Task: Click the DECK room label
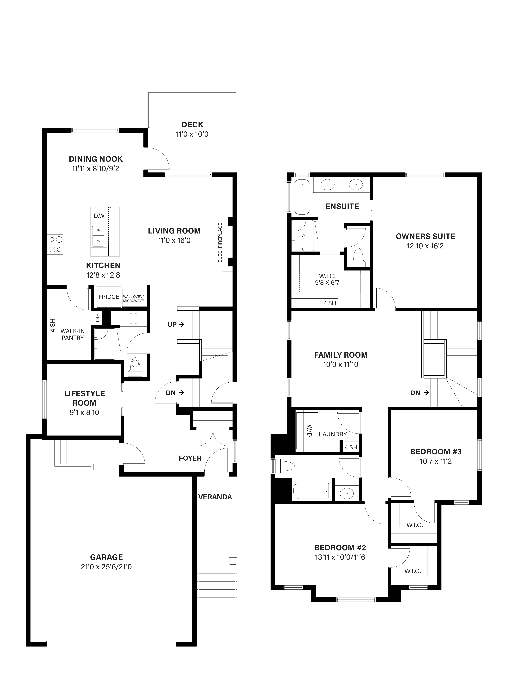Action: click(192, 125)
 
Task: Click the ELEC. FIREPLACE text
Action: click(220, 242)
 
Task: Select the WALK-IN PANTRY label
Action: click(73, 334)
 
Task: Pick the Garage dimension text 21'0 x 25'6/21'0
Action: click(106, 567)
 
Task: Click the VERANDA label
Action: click(215, 497)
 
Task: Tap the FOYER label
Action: click(190, 458)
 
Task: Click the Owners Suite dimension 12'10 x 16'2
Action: click(425, 246)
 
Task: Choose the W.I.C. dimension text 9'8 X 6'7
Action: click(327, 283)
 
